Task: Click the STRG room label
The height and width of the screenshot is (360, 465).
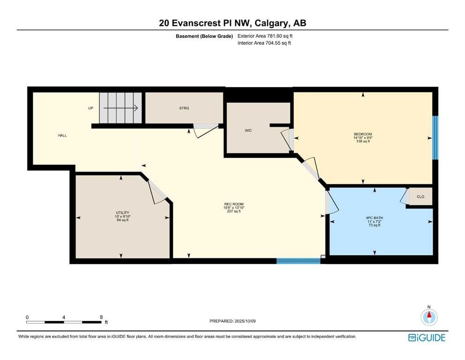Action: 184,108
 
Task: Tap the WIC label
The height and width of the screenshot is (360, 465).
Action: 248,130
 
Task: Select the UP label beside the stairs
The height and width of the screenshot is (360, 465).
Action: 91,108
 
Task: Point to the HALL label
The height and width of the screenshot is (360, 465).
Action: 62,135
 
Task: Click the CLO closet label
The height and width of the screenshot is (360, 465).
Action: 421,196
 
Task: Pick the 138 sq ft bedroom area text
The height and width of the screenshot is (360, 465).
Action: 363,142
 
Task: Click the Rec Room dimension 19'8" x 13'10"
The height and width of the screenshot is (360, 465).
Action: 234,208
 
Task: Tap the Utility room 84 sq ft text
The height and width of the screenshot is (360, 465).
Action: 123,220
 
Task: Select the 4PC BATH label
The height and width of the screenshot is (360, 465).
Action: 374,218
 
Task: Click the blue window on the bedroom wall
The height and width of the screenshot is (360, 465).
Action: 435,137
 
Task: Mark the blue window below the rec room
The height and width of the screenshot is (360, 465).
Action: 298,261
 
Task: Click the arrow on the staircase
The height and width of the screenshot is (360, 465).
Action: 121,108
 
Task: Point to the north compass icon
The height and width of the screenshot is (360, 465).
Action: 429,317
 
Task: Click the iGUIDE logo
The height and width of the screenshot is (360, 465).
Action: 427,338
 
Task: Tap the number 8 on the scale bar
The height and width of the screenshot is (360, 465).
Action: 102,317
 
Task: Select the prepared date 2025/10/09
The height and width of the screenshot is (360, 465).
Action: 245,321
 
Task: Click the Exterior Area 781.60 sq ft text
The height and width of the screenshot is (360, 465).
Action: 265,36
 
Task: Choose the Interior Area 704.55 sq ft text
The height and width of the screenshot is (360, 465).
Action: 264,43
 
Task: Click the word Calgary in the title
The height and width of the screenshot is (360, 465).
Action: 271,23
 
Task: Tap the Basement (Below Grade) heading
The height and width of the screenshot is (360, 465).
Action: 204,36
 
